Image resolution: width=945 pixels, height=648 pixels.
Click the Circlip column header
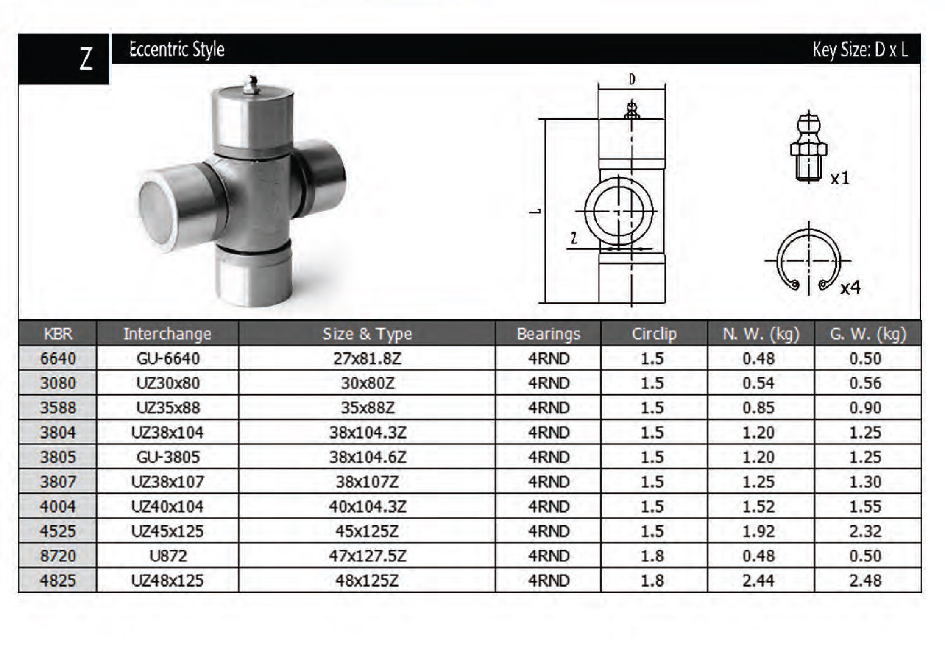(x=654, y=334)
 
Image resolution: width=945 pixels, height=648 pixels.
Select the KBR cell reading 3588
(x=58, y=408)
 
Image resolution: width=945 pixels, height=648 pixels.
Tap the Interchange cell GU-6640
(x=168, y=358)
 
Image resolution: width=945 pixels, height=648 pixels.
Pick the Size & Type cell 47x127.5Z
(x=367, y=556)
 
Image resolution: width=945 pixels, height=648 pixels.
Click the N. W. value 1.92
(x=758, y=531)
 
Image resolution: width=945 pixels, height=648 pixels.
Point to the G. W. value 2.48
(x=865, y=580)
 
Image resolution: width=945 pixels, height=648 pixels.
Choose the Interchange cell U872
(x=168, y=556)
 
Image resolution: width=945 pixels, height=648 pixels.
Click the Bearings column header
(x=548, y=334)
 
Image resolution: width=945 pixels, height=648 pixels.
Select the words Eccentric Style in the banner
(x=177, y=49)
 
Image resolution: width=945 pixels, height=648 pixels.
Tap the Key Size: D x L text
(x=860, y=50)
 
